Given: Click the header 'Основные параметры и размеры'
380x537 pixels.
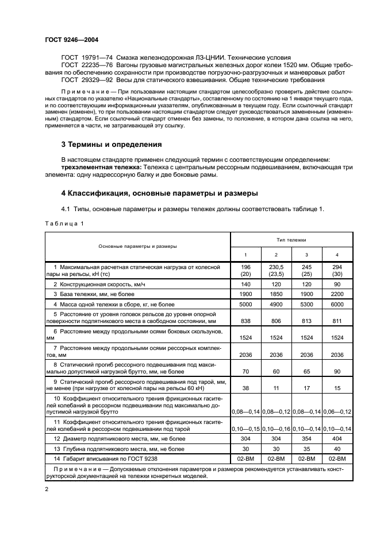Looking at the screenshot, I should point(137,246).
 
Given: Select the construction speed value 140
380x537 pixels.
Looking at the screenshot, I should point(245,284).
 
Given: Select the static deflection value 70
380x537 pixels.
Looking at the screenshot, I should point(245,371).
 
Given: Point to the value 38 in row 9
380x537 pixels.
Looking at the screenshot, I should point(245,388).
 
